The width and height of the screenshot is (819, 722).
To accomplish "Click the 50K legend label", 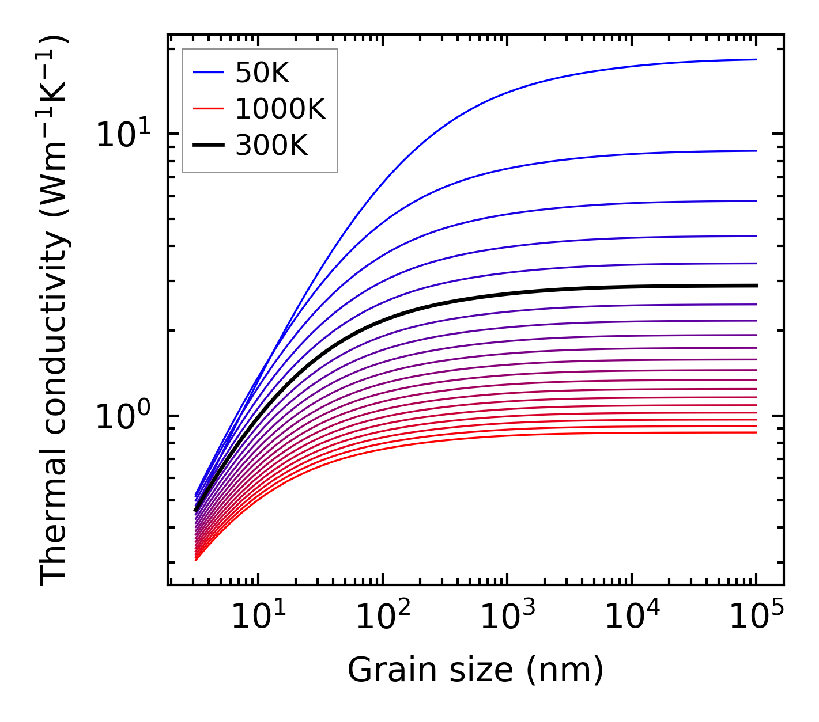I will (x=262, y=73).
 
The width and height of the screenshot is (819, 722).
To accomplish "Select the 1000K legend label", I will (x=280, y=109).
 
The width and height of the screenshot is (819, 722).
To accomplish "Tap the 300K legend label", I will (x=271, y=146).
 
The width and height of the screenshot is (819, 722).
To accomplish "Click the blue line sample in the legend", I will (x=208, y=73).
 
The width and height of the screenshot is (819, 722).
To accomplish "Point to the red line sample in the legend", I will (x=208, y=109).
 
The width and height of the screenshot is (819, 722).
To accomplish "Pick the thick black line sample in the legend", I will (x=208, y=146).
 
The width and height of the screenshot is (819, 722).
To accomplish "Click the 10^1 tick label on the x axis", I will (x=258, y=617).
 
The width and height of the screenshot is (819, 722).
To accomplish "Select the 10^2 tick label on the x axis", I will (x=383, y=617).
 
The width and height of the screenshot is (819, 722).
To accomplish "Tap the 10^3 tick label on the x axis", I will (x=508, y=617).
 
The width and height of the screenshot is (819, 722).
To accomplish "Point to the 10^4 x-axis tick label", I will (x=632, y=617).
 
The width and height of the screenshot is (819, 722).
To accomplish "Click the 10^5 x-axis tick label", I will (x=757, y=617).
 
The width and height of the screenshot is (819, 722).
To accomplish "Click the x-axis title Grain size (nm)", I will (x=475, y=670).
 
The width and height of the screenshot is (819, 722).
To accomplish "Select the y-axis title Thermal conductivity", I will (x=55, y=311).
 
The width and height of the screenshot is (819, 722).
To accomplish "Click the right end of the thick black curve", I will (x=756, y=286).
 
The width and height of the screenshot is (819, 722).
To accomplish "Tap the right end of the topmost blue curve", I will (x=756, y=59).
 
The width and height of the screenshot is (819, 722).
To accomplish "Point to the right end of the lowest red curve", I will (x=756, y=432).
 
